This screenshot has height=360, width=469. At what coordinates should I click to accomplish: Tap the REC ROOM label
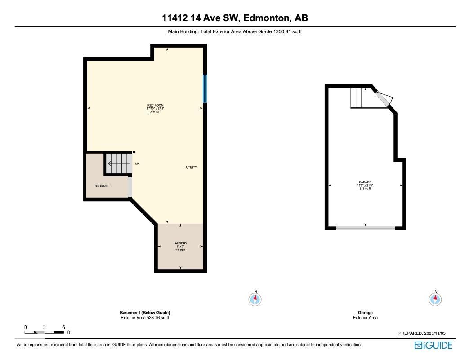(155, 105)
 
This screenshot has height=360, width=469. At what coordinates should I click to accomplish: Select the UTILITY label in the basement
(191, 167)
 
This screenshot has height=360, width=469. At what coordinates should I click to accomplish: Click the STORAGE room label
(102, 186)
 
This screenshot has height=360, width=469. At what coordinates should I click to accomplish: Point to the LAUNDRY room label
(180, 243)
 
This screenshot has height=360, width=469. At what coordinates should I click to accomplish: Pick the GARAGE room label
(365, 182)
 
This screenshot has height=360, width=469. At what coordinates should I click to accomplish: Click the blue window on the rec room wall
(205, 89)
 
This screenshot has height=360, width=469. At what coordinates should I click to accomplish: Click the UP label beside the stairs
(137, 164)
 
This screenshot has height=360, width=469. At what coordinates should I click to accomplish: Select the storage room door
(130, 187)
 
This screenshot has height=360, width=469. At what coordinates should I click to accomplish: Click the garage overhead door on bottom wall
(366, 228)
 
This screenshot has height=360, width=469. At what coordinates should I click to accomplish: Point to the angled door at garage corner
(384, 99)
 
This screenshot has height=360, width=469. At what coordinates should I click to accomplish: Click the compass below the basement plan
(255, 299)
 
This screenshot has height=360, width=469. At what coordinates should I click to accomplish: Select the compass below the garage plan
(435, 299)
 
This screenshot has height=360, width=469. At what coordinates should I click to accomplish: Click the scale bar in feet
(45, 332)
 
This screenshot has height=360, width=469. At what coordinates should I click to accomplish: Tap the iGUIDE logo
(433, 345)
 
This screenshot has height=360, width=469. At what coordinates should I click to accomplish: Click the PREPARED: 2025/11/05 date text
(421, 333)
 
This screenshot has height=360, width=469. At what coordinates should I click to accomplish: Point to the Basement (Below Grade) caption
(145, 313)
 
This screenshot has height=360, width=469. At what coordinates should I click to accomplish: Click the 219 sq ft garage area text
(365, 189)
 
